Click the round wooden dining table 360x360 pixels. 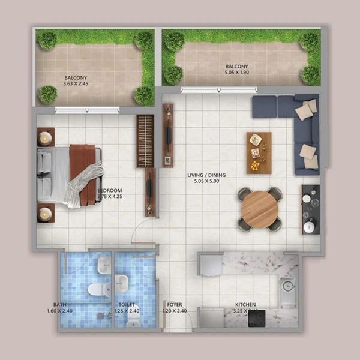[x=259, y=209]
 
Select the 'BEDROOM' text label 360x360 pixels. [x=109, y=193]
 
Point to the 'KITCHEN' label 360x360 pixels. [x=245, y=305]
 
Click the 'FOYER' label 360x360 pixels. [x=175, y=305]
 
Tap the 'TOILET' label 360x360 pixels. [x=127, y=305]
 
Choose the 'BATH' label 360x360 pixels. [x=59, y=305]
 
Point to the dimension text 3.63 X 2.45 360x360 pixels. [x=76, y=85]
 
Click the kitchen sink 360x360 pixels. [x=288, y=287]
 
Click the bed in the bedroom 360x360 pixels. [x=69, y=175]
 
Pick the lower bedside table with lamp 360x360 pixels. [x=46, y=213]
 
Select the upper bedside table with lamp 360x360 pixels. [x=46, y=138]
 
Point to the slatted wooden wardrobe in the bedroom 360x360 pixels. [x=145, y=140]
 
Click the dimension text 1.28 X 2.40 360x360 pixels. [x=127, y=311]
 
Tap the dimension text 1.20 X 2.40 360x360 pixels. [x=175, y=311]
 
